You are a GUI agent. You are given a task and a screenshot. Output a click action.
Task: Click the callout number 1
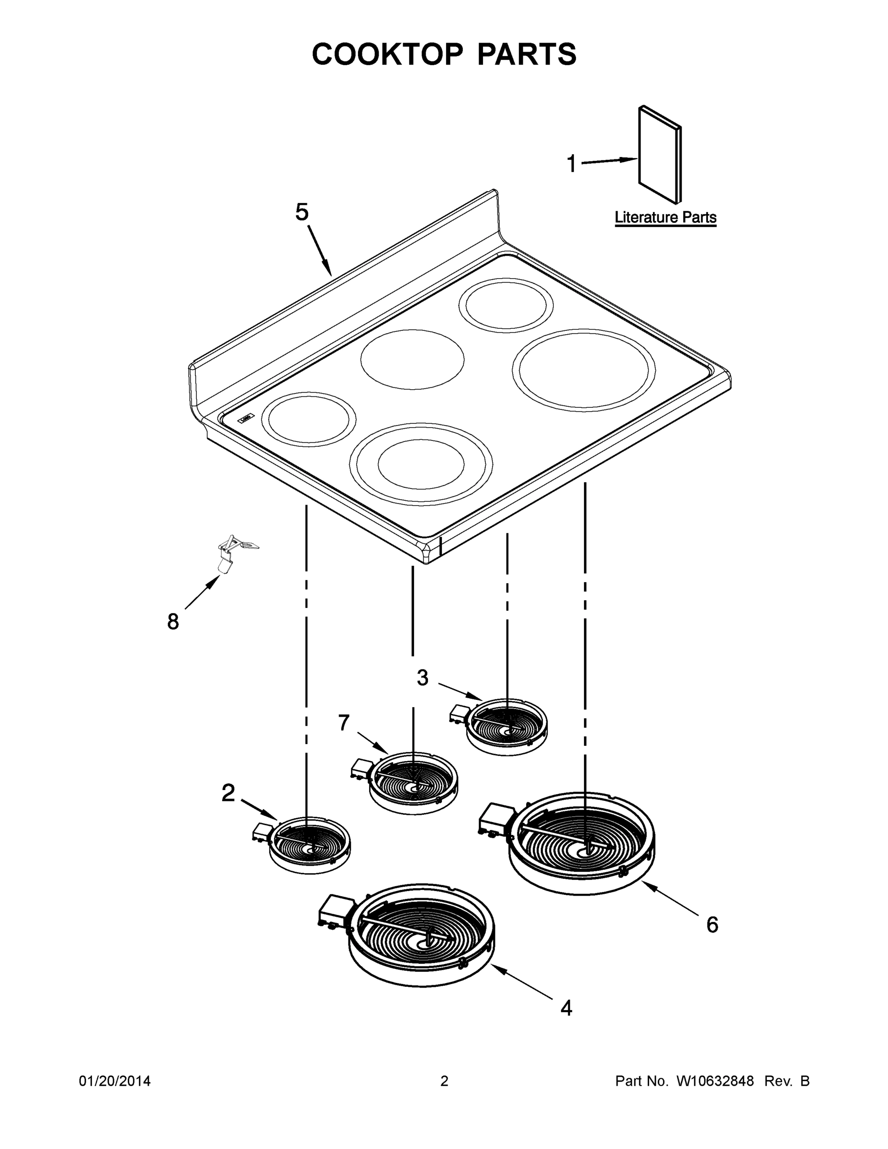tap(571, 164)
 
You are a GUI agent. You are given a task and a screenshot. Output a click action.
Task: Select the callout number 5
tap(302, 212)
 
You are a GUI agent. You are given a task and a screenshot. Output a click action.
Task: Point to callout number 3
tap(422, 678)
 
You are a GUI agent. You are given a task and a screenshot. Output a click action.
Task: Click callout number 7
tap(344, 723)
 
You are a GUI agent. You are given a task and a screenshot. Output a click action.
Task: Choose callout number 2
tap(228, 793)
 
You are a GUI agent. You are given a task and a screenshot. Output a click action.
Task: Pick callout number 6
tap(712, 924)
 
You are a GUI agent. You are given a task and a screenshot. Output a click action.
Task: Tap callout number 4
tap(566, 1008)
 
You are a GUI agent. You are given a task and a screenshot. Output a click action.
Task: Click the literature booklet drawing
tap(660, 155)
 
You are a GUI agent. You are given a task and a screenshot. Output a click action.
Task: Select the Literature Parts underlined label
tap(665, 217)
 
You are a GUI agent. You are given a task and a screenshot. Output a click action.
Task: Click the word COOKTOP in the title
tap(388, 54)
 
